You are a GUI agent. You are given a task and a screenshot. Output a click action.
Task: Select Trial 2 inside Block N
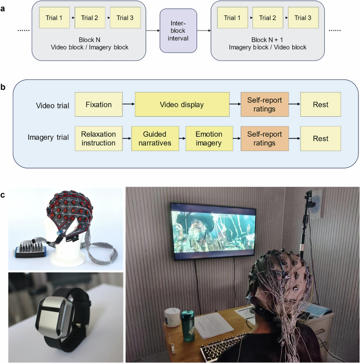[x=89, y=18]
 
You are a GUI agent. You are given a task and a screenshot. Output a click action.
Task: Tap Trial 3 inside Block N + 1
[x=303, y=18]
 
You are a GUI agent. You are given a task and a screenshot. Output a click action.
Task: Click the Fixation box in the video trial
[x=98, y=105]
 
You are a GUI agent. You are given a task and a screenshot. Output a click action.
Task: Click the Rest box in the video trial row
[x=321, y=105]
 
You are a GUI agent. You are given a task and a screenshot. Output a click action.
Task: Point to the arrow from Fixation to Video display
[x=128, y=105]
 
